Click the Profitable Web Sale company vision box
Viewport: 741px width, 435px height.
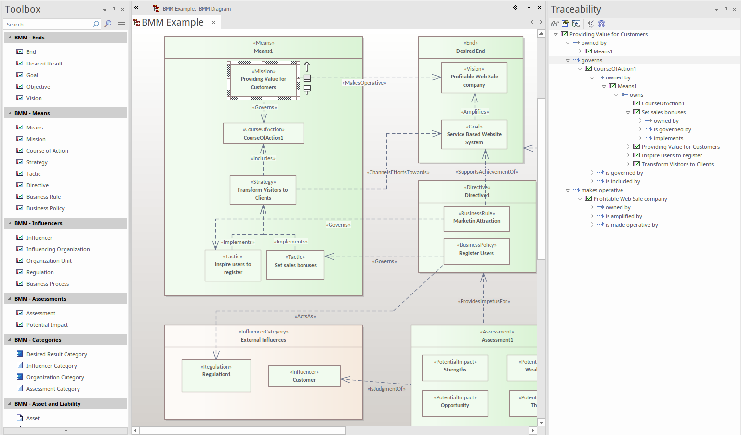coord(474,77)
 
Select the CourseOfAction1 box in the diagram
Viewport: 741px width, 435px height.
coord(263,133)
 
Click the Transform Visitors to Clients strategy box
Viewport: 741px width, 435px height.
coord(263,190)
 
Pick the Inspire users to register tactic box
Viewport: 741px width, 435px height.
coord(233,265)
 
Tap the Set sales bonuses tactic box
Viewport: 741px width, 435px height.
coord(295,265)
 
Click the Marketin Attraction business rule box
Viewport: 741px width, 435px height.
coord(476,219)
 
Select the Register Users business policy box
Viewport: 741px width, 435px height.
coord(476,251)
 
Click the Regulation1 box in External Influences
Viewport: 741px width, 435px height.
coord(216,375)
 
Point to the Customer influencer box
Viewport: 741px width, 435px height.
coord(304,376)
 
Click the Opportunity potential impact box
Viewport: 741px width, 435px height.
coord(455,403)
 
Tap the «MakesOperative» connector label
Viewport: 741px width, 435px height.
coord(364,83)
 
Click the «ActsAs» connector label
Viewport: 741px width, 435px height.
coord(305,316)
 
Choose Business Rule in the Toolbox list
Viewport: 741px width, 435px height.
coord(43,197)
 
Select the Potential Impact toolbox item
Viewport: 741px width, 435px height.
coord(47,325)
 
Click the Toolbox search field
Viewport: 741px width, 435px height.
coord(47,25)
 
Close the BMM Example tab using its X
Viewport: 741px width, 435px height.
coord(214,23)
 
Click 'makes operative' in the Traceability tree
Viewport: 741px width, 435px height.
coord(602,190)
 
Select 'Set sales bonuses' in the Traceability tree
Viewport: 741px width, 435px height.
coord(663,112)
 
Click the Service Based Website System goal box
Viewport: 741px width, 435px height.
coord(474,135)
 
